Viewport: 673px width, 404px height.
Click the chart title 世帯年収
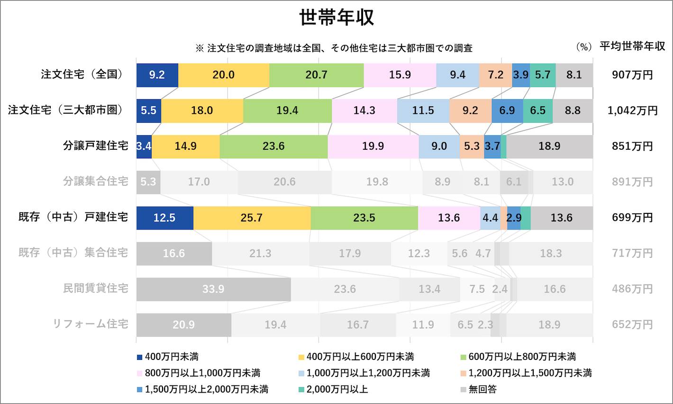click(336, 18)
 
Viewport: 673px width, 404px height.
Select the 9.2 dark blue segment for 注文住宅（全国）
click(157, 75)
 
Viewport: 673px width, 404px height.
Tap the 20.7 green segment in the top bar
click(316, 75)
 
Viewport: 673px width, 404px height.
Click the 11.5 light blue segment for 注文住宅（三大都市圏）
click(423, 110)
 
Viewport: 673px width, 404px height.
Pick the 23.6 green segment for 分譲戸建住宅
click(273, 146)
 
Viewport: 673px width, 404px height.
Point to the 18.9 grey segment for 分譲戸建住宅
click(549, 146)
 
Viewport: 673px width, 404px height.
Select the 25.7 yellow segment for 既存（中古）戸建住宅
click(251, 218)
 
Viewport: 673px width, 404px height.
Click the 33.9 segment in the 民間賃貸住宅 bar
click(213, 289)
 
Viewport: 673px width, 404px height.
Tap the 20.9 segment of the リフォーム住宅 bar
click(183, 325)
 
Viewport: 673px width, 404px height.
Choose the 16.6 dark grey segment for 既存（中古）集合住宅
click(173, 254)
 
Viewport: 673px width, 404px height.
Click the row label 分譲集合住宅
click(95, 182)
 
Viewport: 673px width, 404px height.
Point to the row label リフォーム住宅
click(90, 324)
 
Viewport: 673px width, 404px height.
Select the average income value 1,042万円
click(632, 110)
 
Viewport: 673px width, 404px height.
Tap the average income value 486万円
click(632, 289)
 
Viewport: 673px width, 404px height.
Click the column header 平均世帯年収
click(632, 46)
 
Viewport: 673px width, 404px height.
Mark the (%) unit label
click(583, 47)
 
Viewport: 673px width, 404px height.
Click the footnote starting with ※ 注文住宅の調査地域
click(334, 48)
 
